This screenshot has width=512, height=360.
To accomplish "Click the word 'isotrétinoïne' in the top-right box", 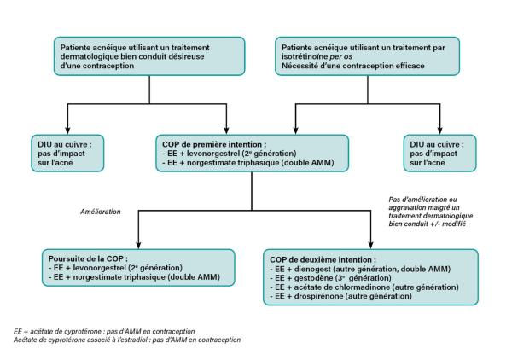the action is (x=305, y=56).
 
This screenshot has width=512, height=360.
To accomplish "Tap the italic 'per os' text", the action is (x=340, y=57).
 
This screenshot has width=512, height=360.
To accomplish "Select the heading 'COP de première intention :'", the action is (x=214, y=144).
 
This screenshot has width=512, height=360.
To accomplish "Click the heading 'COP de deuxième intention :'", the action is (x=323, y=260).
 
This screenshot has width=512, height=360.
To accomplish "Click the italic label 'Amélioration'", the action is (x=101, y=212).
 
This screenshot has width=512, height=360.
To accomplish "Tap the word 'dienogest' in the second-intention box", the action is (x=312, y=269).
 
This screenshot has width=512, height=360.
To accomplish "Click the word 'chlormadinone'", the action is (x=363, y=287).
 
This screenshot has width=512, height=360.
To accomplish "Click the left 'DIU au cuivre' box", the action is (x=67, y=153).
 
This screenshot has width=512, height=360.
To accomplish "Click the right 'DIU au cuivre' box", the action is (x=439, y=153).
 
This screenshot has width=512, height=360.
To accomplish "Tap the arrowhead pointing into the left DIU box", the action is (x=67, y=131).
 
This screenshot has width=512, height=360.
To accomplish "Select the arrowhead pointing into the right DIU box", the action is (x=439, y=131).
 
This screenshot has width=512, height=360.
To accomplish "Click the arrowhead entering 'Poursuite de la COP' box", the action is (x=138, y=246).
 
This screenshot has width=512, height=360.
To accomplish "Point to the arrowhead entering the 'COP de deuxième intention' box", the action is (x=370, y=246).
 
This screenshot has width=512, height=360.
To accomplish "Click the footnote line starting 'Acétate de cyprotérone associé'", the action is (x=127, y=340).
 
